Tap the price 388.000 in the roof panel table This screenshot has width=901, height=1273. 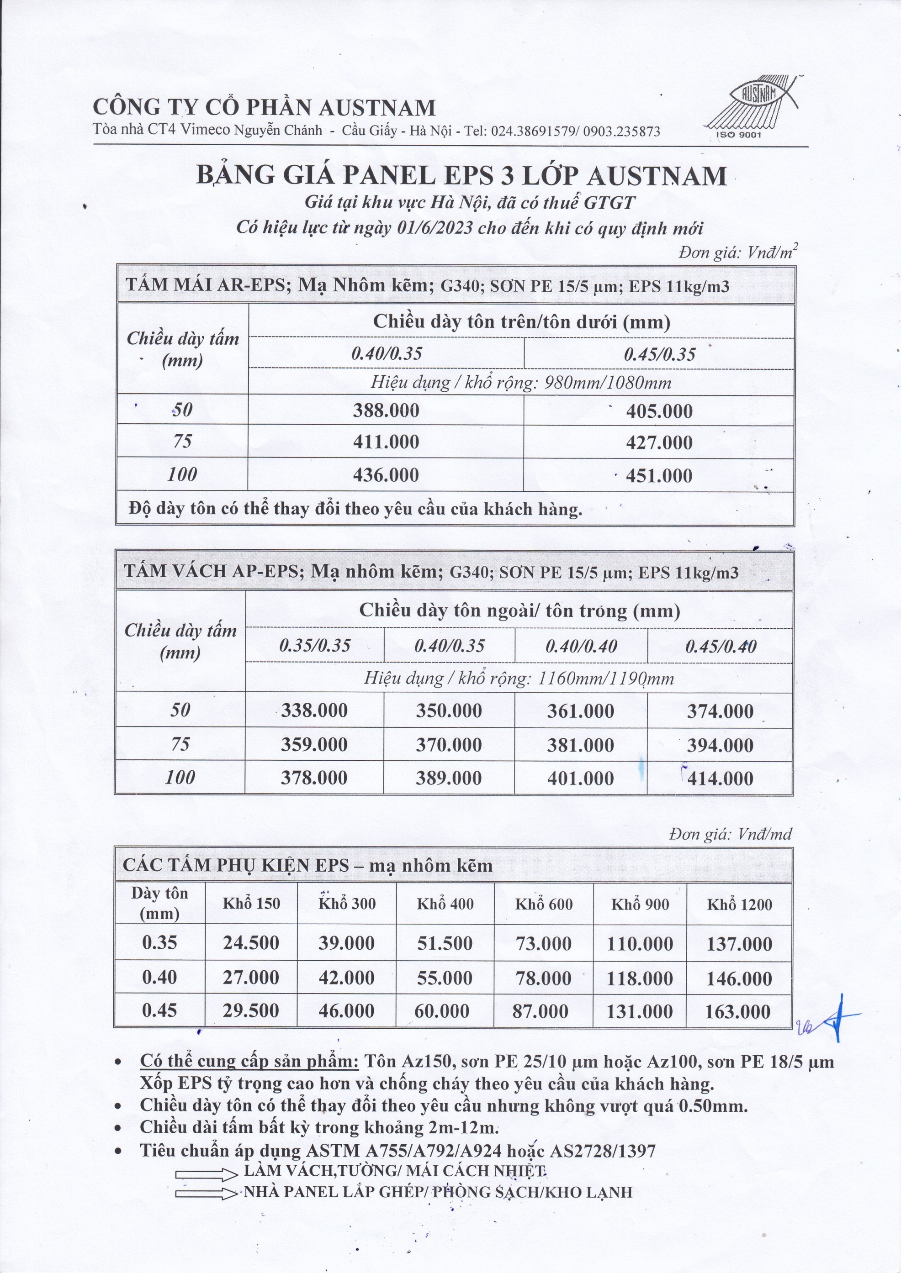(386, 410)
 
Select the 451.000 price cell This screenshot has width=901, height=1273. (659, 475)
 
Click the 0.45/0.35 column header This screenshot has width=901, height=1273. (659, 354)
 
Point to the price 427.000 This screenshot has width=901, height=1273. (659, 442)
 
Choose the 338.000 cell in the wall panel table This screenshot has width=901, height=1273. (314, 710)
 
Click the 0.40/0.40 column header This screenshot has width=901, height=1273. (581, 646)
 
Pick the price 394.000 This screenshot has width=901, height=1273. (720, 745)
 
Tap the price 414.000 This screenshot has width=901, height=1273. (720, 779)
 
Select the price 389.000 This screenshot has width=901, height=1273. (449, 778)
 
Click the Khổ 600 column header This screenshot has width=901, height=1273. (543, 904)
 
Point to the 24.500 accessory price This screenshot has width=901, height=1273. (251, 943)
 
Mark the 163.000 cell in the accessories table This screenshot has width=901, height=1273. (738, 1012)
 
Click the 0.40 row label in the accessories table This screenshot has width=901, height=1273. (159, 977)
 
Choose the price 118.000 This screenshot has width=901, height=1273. (640, 978)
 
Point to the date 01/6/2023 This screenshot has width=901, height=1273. (435, 228)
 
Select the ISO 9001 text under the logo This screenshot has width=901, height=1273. (738, 135)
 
